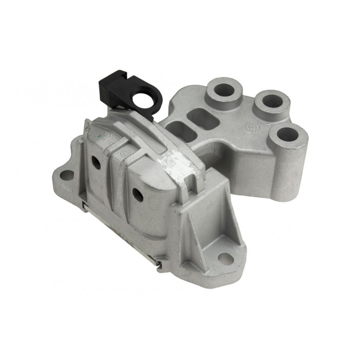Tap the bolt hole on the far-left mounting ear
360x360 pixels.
(x=66, y=175)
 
